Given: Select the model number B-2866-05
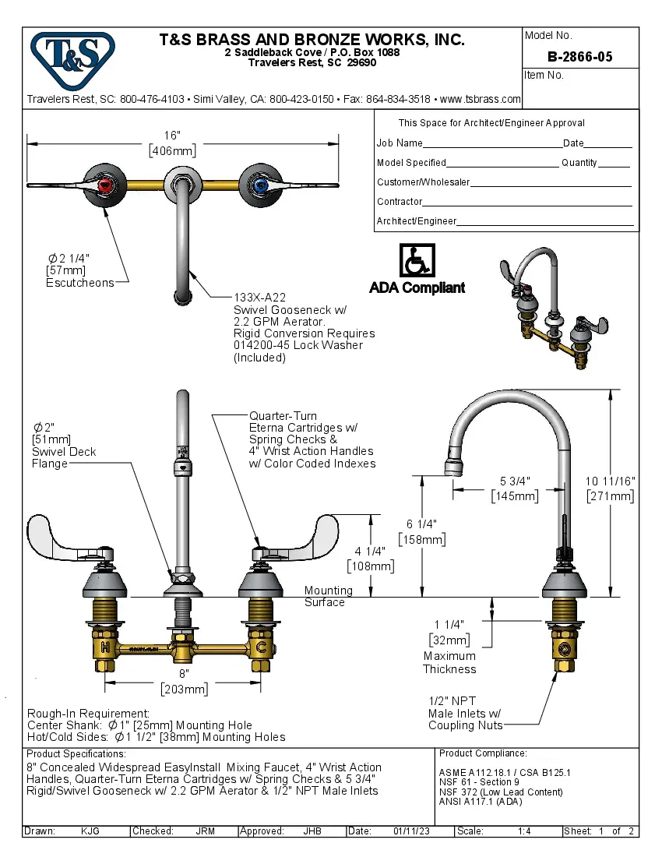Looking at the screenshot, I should [579, 57].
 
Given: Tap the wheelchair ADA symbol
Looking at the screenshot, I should [417, 259].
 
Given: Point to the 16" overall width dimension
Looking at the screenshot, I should [172, 134].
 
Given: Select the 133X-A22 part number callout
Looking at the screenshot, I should [260, 297].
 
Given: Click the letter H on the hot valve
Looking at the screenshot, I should [105, 647].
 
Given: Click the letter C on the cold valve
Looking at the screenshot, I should [262, 647].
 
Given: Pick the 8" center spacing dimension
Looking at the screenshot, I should [184, 672].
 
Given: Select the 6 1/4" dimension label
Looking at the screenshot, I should [421, 524].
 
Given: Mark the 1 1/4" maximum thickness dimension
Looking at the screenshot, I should [449, 624].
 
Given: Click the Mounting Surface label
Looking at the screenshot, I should [325, 596].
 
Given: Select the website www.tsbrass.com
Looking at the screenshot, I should [480, 100].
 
